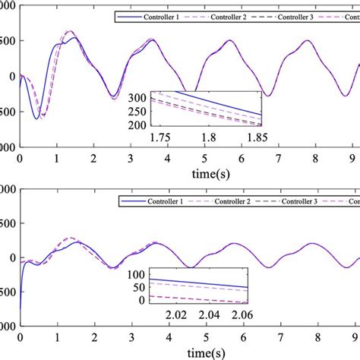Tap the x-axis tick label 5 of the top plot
(x=204, y=157)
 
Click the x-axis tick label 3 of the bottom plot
(x=131, y=339)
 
